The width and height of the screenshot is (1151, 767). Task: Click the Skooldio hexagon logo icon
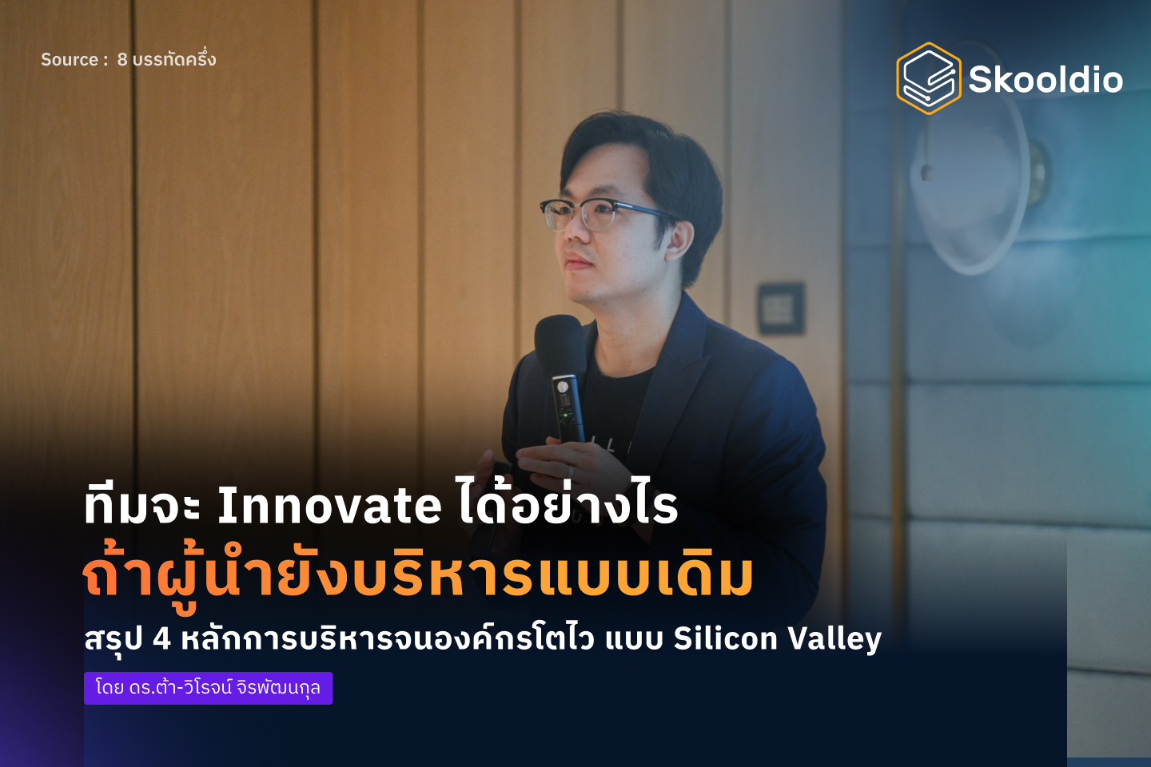tap(928, 78)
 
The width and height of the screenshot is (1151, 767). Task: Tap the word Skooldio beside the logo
tap(1045, 80)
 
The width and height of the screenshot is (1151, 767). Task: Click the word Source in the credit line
tap(70, 60)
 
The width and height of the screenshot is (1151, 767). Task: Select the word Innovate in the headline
tap(329, 506)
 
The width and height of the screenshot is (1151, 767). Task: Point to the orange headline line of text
tap(417, 575)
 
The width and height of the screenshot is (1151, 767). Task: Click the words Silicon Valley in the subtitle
tap(777, 639)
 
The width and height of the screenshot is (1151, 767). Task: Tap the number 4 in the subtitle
tap(161, 639)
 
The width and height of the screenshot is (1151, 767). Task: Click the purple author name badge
tap(208, 688)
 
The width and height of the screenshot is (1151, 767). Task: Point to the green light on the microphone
tap(565, 415)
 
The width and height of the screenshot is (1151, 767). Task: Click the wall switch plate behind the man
tap(781, 308)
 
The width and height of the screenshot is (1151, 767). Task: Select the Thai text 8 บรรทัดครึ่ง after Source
tap(166, 60)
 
